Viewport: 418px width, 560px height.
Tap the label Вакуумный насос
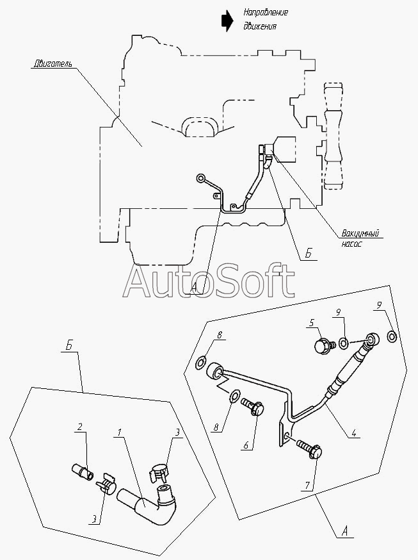coord(360,238)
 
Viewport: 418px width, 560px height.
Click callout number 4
coord(354,433)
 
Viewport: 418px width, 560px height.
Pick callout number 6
coord(246,445)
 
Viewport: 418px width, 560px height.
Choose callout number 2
coord(80,427)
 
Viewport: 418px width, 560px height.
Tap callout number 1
coord(119,432)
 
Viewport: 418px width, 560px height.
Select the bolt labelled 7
coord(309,449)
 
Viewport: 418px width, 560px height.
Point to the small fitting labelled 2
coord(83,470)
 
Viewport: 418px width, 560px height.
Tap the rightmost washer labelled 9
coord(392,336)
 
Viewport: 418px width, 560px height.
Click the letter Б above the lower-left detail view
coord(69,347)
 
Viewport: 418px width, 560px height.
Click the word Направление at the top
coord(266,13)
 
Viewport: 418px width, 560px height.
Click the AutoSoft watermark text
coord(209,281)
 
